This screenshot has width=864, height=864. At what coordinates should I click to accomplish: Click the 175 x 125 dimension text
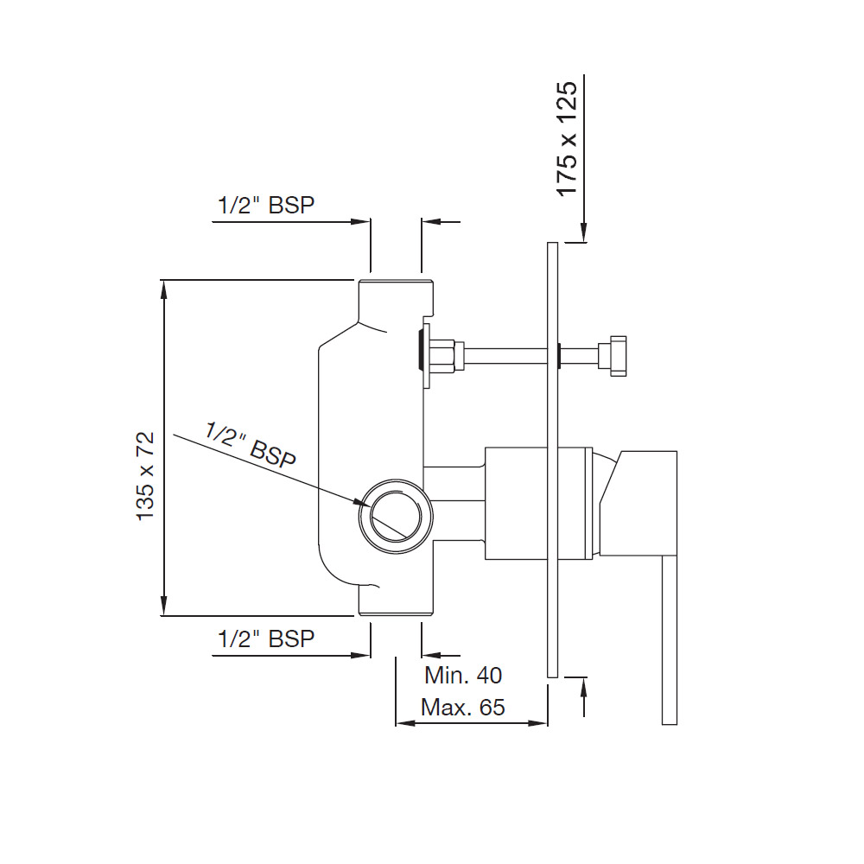point(567,138)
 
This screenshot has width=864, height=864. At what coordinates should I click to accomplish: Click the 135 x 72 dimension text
point(146,476)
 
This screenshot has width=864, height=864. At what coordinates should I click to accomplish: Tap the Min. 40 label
point(463,676)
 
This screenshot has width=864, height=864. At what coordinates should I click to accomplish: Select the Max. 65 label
point(463,708)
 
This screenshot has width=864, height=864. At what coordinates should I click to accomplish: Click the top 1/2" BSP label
point(266,205)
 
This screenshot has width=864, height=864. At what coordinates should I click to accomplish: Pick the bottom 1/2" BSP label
point(266,638)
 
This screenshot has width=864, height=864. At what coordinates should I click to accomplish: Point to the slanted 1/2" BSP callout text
point(251,445)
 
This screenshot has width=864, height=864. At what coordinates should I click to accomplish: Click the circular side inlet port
point(396,517)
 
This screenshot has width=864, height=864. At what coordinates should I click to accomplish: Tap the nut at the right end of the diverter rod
point(613,356)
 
